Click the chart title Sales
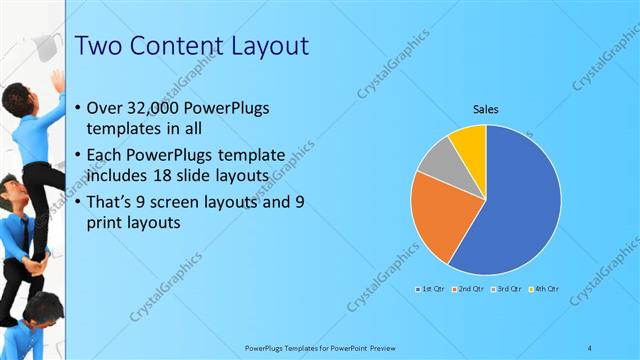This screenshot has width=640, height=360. pos(486,109)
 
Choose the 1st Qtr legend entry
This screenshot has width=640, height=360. pos(431,288)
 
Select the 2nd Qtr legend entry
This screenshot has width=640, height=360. pos(469,288)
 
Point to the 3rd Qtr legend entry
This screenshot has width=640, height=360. pos(507,288)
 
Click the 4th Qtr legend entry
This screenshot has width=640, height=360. pos(544,288)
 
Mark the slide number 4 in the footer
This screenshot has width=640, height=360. pos(590,347)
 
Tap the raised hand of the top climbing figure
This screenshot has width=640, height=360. pos(59,78)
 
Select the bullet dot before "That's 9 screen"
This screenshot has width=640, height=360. pos(80,201)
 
